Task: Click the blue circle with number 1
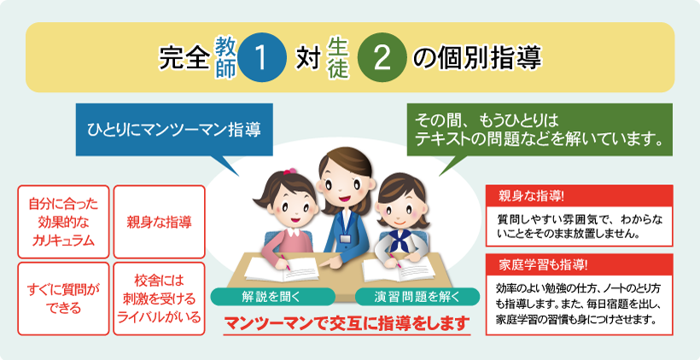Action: tap(262, 57)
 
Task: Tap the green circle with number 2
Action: tap(382, 57)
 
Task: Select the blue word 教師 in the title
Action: tap(225, 57)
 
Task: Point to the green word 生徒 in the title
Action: tap(338, 57)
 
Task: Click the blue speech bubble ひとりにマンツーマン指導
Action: tap(174, 130)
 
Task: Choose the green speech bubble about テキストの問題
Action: tap(540, 130)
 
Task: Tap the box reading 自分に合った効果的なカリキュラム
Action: tap(63, 222)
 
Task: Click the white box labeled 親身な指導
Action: tap(160, 222)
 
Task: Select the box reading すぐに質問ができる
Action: tap(63, 299)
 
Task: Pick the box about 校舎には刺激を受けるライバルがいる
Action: tap(160, 299)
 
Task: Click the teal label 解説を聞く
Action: tap(272, 297)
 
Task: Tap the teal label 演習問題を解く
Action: tap(417, 297)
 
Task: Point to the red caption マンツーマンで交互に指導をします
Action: tap(347, 323)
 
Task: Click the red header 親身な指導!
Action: tap(579, 196)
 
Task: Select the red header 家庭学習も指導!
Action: tap(579, 264)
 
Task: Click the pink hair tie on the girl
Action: tap(289, 171)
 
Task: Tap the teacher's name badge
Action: tap(345, 238)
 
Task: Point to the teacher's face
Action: tap(342, 181)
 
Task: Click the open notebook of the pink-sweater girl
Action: tap(282, 269)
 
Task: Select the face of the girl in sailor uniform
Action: tap(400, 210)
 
